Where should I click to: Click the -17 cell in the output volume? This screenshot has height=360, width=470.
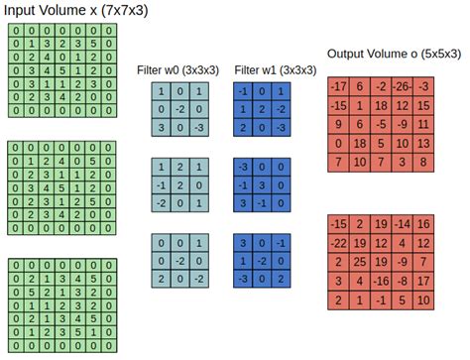pyautogui.click(x=338, y=88)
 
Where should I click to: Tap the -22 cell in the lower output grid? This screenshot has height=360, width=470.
pyautogui.click(x=338, y=244)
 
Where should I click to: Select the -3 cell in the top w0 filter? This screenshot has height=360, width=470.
pyautogui.click(x=198, y=129)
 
